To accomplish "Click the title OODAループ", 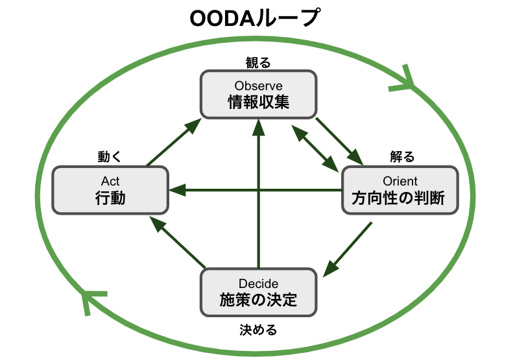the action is (254, 18).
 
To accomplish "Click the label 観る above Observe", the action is (258, 62).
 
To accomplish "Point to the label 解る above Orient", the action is (402, 157).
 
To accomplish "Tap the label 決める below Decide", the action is (258, 330).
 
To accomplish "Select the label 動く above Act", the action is (110, 157).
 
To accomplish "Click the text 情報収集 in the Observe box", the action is (259, 102).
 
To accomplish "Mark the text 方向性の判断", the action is (398, 198).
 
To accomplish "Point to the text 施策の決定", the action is (259, 300).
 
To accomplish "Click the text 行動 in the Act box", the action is (110, 198).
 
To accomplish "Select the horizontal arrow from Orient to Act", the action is (256, 190).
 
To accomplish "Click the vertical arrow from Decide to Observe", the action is (259, 193).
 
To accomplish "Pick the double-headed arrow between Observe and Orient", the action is (315, 149).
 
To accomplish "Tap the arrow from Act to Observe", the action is (174, 142).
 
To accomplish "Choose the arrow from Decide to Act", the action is (178, 242).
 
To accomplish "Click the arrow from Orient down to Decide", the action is (348, 250).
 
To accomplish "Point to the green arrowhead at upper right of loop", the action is (405, 80).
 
